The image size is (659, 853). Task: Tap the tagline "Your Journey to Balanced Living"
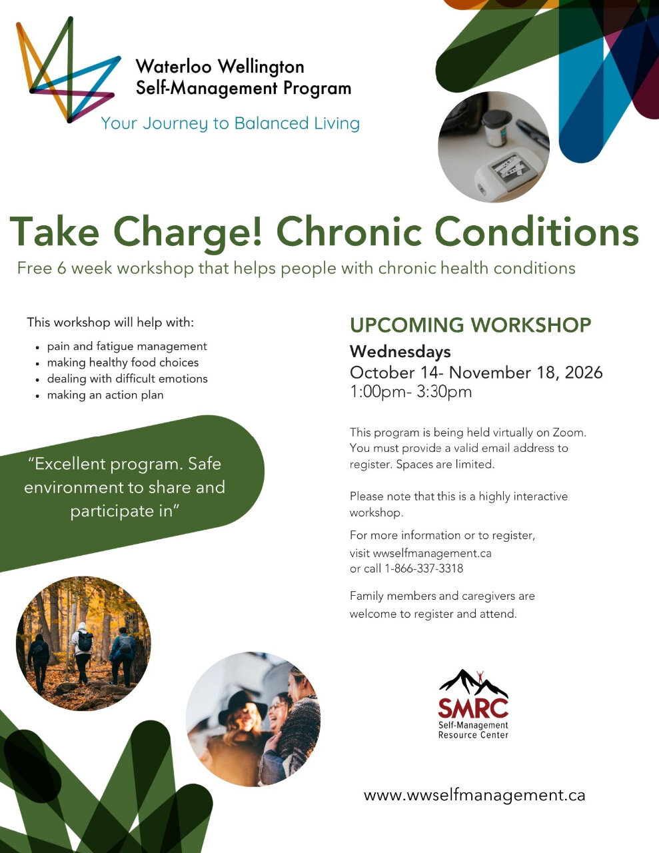(x=231, y=124)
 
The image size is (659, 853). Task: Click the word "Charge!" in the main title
(x=187, y=233)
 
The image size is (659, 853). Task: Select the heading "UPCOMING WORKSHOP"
(x=470, y=325)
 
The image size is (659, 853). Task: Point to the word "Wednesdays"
(x=400, y=351)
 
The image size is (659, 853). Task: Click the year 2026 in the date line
(x=584, y=372)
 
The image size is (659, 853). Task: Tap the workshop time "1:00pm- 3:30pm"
(x=410, y=392)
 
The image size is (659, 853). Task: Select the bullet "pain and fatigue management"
(x=127, y=347)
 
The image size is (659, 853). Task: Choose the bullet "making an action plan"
(x=105, y=395)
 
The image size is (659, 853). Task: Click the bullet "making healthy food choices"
(x=123, y=363)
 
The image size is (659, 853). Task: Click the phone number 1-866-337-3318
(x=424, y=568)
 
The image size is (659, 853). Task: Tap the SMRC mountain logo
(x=473, y=704)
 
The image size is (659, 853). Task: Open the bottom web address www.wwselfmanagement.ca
(x=474, y=795)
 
